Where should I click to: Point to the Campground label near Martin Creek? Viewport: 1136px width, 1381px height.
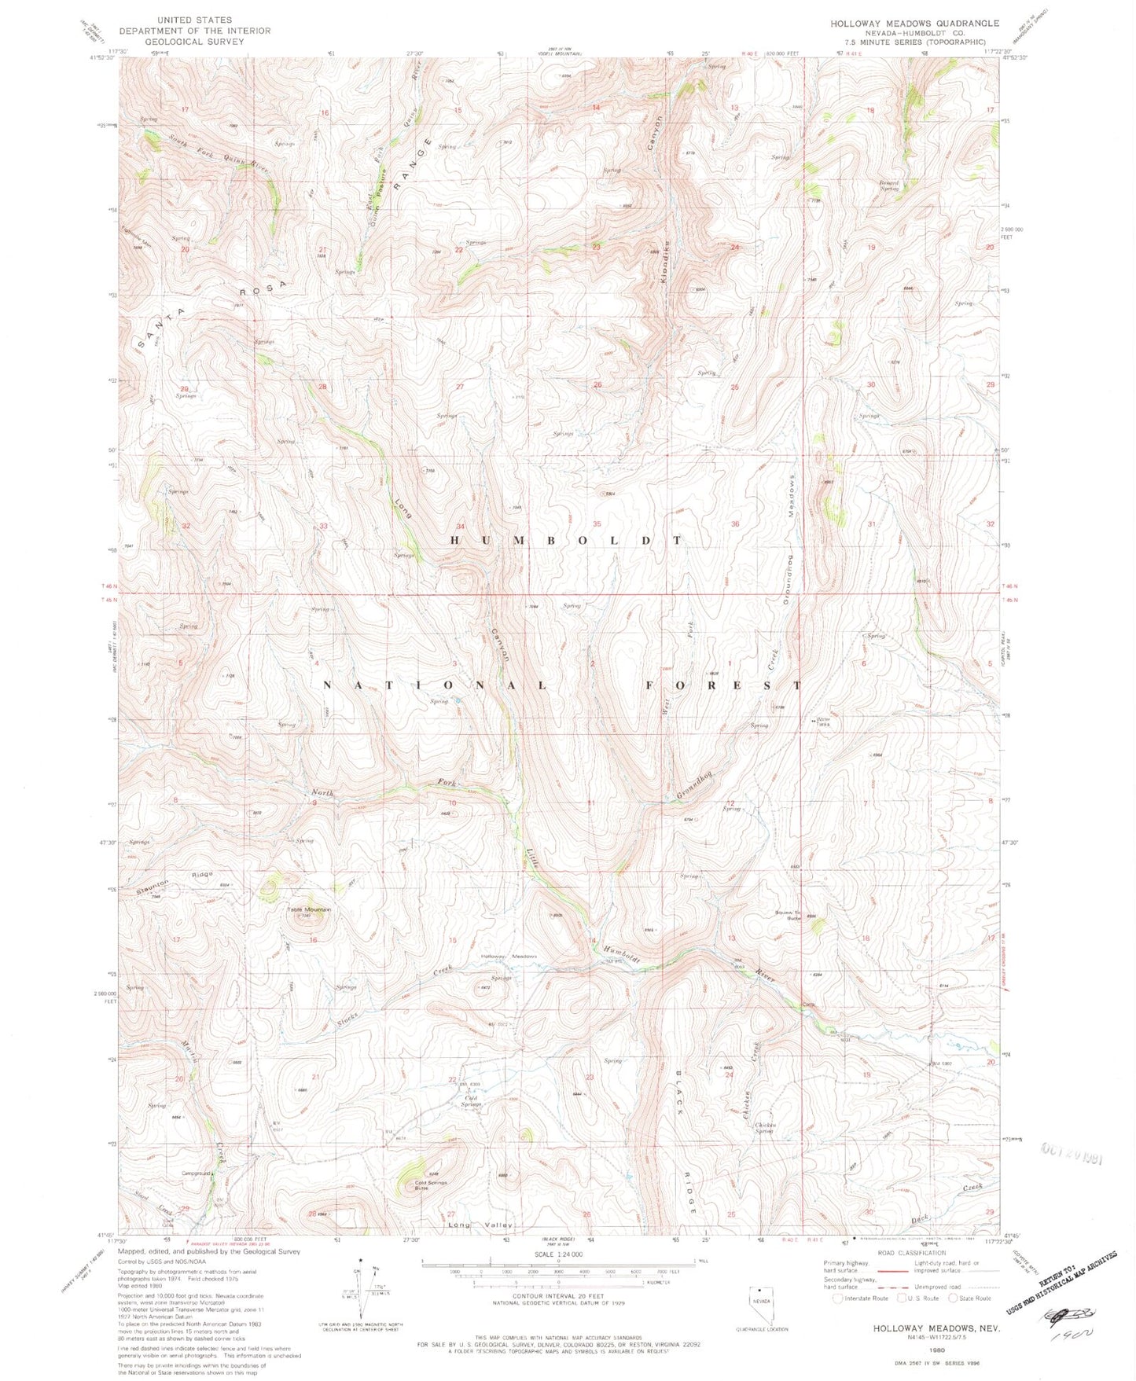[196, 1173]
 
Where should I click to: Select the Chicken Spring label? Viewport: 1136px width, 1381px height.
[765, 1128]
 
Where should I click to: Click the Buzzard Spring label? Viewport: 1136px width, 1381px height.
[888, 186]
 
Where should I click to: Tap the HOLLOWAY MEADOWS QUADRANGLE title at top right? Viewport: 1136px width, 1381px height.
[914, 24]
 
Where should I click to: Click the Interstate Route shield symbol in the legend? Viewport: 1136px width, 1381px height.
[839, 1298]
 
